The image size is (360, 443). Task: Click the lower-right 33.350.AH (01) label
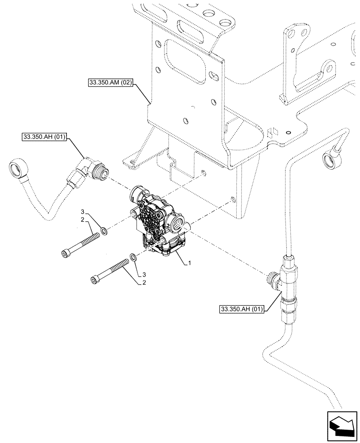pos(241,309)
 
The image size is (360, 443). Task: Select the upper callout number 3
pos(82,210)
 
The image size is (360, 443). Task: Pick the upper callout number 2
pos(82,220)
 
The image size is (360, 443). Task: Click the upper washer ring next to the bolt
pos(103,230)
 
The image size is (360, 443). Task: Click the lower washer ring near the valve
pos(133,257)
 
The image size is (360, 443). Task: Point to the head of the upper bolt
pos(65,253)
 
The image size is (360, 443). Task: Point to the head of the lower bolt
pos(94,279)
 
